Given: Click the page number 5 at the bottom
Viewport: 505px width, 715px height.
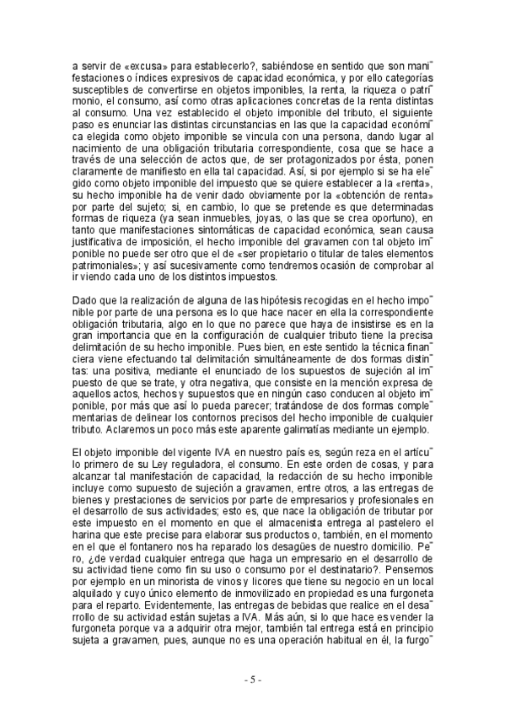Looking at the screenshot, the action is click(x=252, y=680).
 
